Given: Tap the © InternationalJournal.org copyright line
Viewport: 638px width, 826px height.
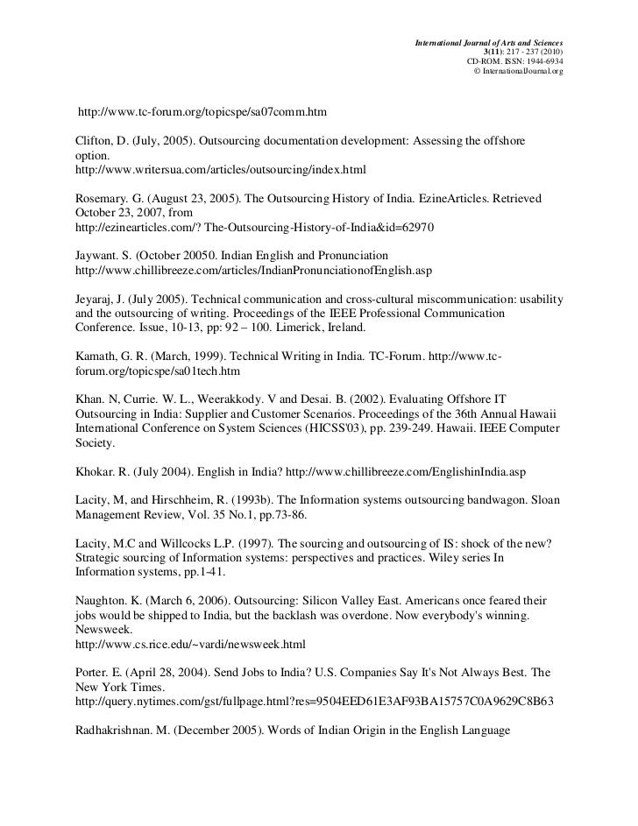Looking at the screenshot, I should tap(518, 71).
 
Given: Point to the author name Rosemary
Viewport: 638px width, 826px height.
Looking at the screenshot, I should tap(96, 201).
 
